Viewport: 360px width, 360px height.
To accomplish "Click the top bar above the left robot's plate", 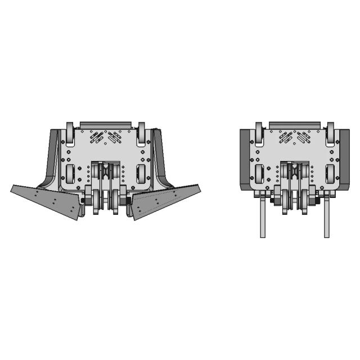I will [x=106, y=124].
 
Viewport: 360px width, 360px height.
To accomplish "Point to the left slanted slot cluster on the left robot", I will [x=95, y=136].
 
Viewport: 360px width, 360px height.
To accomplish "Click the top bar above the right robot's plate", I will [x=295, y=124].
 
